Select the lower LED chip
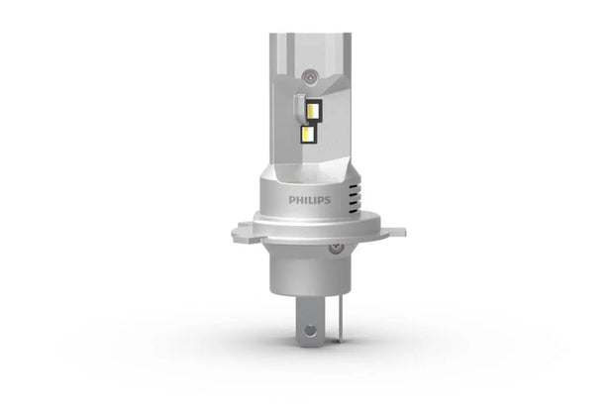[x=309, y=133]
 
